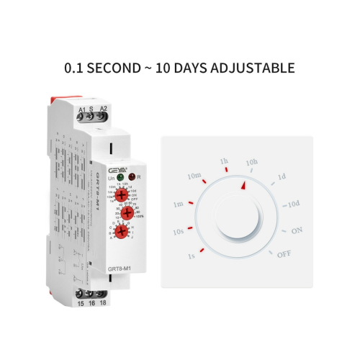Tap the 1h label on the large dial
click(224, 160)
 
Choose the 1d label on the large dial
click(282, 176)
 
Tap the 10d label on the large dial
click(294, 203)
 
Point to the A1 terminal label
click(82, 110)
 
